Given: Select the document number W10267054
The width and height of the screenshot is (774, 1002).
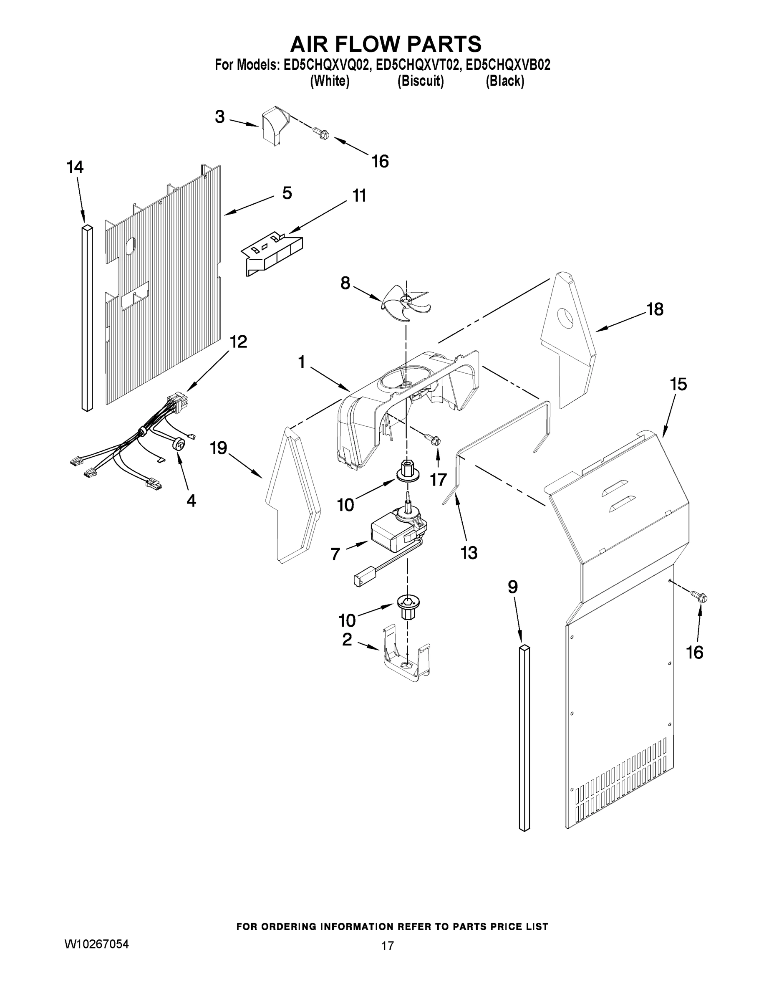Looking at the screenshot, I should tap(96, 944).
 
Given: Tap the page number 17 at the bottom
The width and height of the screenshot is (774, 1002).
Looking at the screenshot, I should tap(388, 946).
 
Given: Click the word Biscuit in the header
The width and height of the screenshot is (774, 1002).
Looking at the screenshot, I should tap(421, 81).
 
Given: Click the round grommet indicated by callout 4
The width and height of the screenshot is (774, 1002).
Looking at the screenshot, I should tap(179, 444).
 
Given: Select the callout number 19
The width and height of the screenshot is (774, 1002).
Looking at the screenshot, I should tap(219, 448).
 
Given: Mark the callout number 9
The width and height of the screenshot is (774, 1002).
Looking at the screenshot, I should tap(513, 587).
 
